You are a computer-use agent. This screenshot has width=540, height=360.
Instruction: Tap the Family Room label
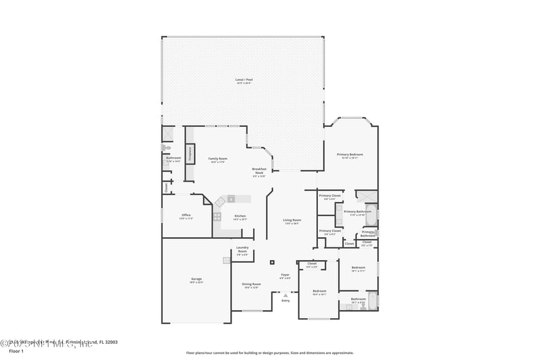coord(217,159)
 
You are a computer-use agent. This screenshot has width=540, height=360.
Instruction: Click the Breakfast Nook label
coord(259,171)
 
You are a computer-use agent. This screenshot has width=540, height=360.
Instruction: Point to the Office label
coord(186,217)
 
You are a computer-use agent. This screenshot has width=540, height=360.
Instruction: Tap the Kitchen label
coord(240,217)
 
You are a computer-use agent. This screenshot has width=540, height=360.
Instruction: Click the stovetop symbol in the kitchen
coord(217,217)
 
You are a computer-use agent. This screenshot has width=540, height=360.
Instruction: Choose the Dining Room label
coord(252,285)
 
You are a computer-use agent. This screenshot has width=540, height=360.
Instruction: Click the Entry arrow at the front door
coord(286,295)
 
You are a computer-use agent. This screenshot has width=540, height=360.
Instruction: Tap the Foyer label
coord(286,276)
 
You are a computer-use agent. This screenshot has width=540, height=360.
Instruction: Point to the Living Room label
coord(292,221)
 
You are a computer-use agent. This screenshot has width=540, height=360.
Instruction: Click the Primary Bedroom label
coord(350,156)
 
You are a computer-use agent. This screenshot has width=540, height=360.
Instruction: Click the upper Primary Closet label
coord(330,197)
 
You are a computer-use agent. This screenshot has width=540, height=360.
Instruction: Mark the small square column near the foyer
coord(272,262)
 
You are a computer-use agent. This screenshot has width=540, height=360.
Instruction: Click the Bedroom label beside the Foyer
coord(319,292)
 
